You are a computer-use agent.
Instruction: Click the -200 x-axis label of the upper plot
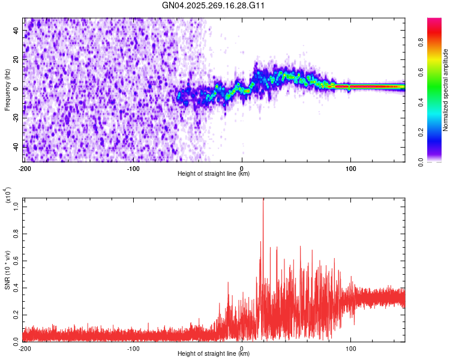[x=25, y=169]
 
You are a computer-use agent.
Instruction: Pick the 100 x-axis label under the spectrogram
[x=350, y=169]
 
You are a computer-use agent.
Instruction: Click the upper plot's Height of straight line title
[x=214, y=174]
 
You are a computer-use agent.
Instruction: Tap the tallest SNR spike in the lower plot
[x=263, y=200]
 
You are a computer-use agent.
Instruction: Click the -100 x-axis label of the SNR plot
[x=133, y=348]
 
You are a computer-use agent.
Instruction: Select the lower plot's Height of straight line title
[x=214, y=354]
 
